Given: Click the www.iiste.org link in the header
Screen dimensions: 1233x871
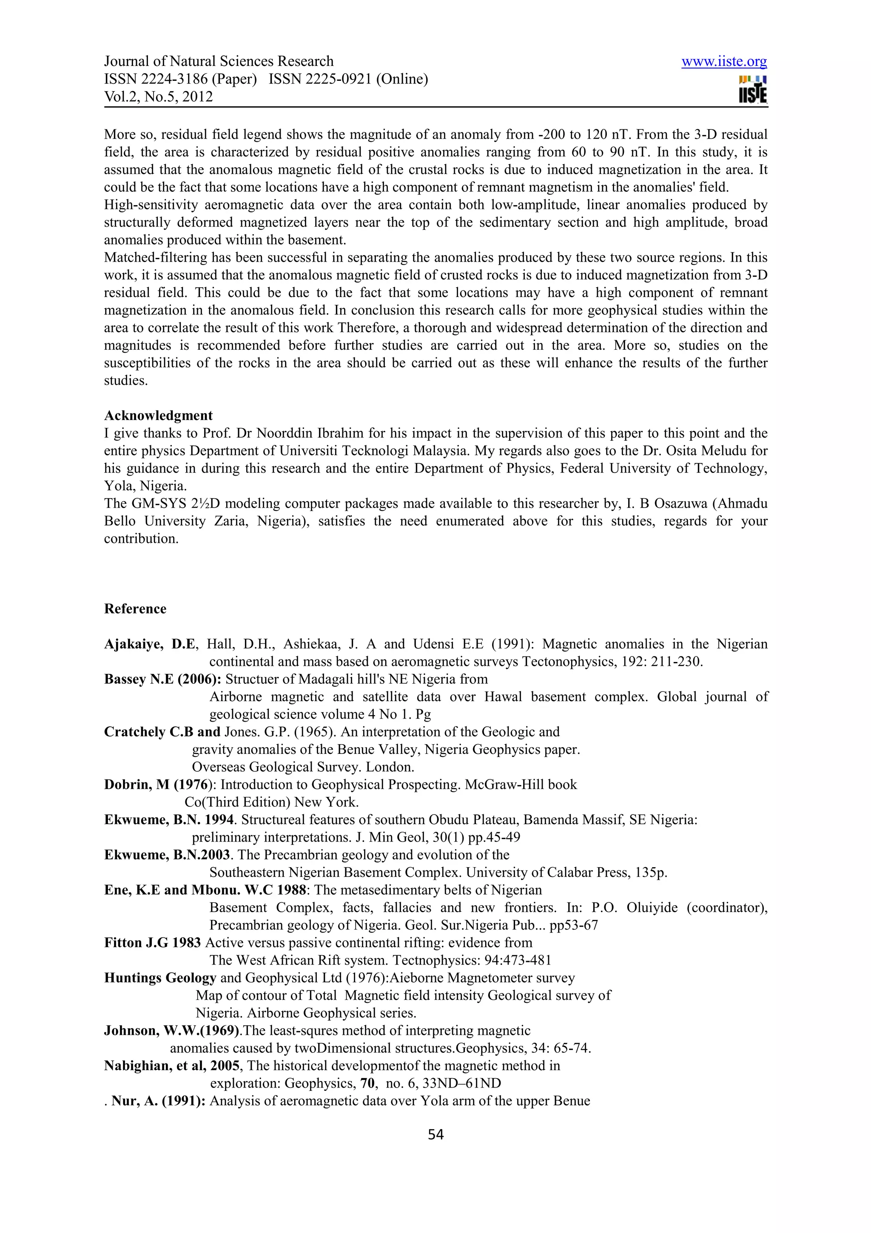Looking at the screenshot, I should click(723, 62).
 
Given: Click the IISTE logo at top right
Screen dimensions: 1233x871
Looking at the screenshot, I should click(752, 90).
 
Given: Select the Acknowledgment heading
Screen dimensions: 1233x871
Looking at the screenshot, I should click(158, 416).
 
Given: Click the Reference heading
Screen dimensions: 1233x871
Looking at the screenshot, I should click(135, 609).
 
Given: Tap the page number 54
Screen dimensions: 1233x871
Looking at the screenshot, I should click(435, 1134).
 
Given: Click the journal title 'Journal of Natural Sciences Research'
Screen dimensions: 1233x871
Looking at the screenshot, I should click(219, 61).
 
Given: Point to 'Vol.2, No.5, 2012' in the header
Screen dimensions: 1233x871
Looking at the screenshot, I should click(158, 97).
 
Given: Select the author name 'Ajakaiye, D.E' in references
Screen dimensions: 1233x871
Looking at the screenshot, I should click(150, 644).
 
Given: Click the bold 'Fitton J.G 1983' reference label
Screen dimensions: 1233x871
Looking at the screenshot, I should click(152, 942).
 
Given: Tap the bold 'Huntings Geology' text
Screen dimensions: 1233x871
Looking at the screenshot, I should click(160, 978).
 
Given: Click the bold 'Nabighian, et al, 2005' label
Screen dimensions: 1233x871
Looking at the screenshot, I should click(171, 1065).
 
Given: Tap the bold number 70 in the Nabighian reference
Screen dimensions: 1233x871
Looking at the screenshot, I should click(367, 1083).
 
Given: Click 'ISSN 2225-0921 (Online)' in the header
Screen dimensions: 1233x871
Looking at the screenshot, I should click(348, 79).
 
